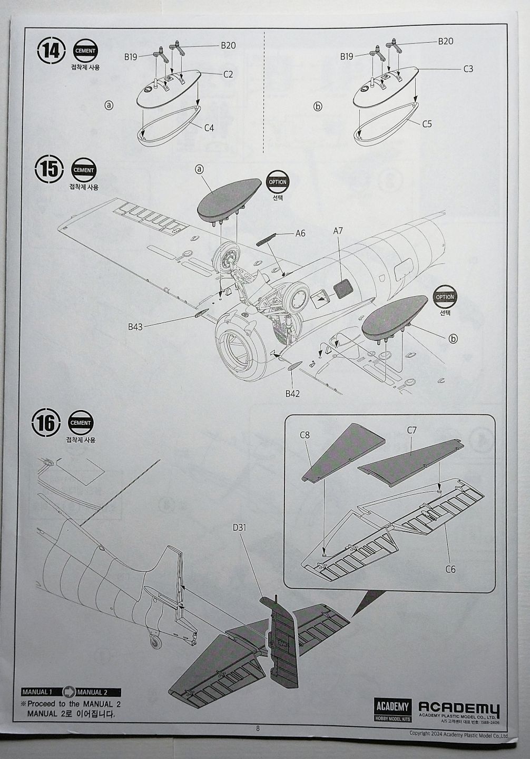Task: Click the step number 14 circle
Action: click(51, 51)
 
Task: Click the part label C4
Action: click(209, 128)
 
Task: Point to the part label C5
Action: click(427, 124)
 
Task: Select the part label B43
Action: click(135, 327)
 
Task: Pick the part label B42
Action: click(292, 394)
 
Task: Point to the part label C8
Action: click(305, 435)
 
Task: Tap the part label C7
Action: click(412, 430)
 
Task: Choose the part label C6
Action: click(450, 569)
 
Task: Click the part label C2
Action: click(228, 74)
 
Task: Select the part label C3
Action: click(468, 69)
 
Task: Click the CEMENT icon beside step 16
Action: click(80, 423)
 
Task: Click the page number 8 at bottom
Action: click(258, 728)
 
